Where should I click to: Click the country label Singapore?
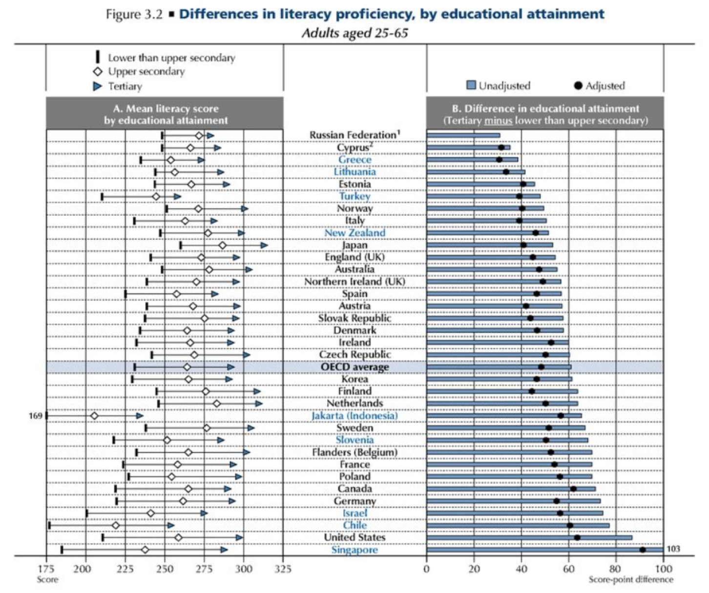(x=354, y=550)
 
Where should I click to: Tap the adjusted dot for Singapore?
(x=643, y=550)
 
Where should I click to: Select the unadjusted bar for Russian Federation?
(x=463, y=135)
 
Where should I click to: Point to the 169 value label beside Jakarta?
(x=35, y=416)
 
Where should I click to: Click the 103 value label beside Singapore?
(x=673, y=549)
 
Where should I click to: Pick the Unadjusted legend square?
(x=471, y=85)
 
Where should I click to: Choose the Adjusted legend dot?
(x=578, y=86)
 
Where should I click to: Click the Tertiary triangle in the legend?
(x=98, y=86)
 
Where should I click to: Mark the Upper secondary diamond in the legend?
(x=98, y=72)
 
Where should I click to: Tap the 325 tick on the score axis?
(x=283, y=569)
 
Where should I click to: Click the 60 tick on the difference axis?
(x=568, y=569)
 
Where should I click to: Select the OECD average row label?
(x=354, y=367)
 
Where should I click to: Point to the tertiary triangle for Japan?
(x=264, y=245)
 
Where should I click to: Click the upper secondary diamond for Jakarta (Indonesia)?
(x=94, y=416)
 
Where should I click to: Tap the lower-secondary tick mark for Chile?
(x=49, y=526)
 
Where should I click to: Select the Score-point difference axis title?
(x=630, y=580)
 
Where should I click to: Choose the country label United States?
(x=354, y=537)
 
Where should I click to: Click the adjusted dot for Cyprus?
(x=501, y=148)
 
